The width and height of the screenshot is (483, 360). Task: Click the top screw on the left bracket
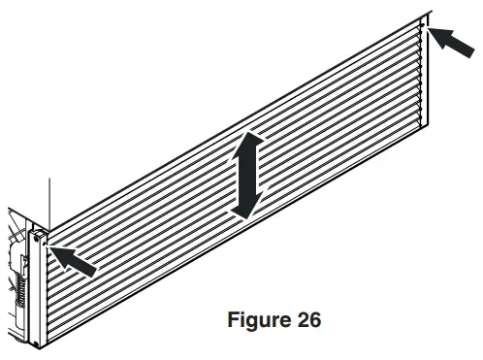click(x=39, y=235)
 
